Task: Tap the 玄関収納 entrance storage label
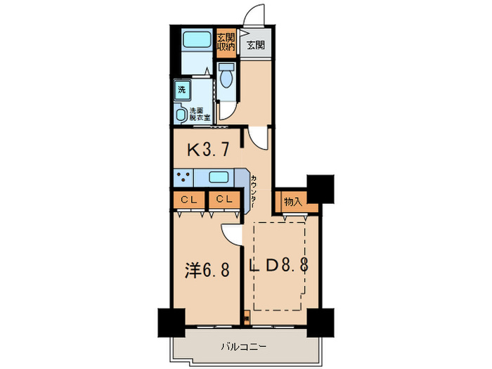pos(225,43)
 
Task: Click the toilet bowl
pos(225,77)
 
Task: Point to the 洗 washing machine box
pos(182,89)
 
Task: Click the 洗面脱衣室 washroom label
pos(200,113)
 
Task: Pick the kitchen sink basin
pos(218,177)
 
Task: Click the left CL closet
pos(188,200)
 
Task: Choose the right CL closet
pos(224,200)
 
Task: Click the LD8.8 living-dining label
pos(279,266)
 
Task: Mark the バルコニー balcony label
pos(243,347)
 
